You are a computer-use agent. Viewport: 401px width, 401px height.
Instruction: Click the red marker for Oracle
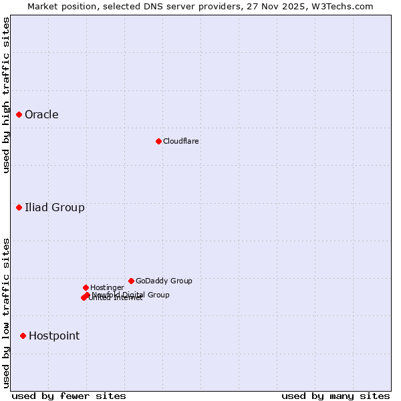[x=19, y=115]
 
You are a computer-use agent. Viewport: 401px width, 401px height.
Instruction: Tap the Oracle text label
[x=41, y=115]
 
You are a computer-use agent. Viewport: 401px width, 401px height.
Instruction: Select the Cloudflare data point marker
[x=158, y=141]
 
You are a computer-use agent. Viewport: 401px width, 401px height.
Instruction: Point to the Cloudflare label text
[x=180, y=142]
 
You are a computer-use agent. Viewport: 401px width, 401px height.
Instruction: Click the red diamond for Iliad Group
[x=19, y=208]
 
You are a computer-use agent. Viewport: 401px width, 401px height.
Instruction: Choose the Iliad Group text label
[x=55, y=208]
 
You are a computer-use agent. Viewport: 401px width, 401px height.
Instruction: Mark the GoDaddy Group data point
[x=131, y=281]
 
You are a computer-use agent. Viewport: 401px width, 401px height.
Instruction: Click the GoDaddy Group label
[x=164, y=281]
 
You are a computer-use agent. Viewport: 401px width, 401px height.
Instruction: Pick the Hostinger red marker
[x=86, y=288]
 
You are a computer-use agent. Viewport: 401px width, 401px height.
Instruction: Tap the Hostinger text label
[x=107, y=288]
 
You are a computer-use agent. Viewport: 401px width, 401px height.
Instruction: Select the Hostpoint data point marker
[x=23, y=336]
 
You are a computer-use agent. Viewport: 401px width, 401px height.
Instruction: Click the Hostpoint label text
[x=54, y=336]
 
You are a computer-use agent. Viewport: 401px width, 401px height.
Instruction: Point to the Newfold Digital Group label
[x=131, y=295]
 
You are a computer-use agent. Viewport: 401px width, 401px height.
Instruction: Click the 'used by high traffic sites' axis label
[x=7, y=95]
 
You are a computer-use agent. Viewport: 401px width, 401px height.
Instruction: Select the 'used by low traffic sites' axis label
[x=7, y=313]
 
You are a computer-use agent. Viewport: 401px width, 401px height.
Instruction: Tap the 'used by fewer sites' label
[x=69, y=396]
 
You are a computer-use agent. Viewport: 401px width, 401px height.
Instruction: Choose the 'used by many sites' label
[x=336, y=396]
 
